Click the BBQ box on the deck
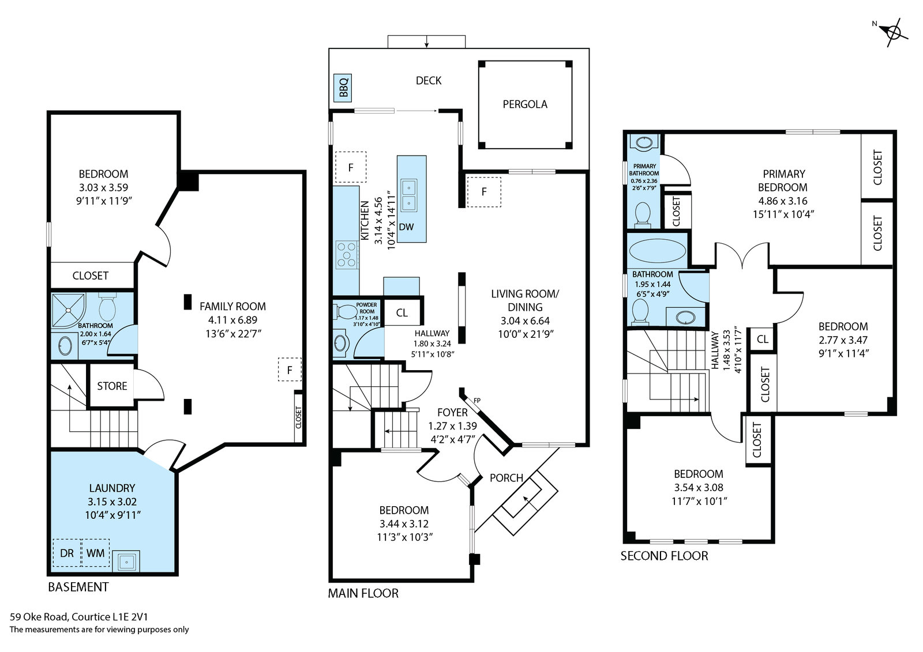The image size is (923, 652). tap(343, 88)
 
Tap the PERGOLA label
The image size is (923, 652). tap(525, 104)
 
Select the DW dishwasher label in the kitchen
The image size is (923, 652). tap(406, 227)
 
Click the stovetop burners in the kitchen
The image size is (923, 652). tap(347, 255)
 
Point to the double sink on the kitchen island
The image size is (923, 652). tap(409, 195)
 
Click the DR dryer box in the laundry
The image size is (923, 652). tap(67, 553)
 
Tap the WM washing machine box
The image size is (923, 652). tap(96, 553)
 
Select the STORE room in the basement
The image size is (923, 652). tap(112, 386)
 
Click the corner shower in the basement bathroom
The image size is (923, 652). tap(69, 310)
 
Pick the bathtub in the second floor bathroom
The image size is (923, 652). tap(658, 250)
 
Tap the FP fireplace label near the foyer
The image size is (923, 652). tap(477, 400)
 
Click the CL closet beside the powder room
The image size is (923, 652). tap(402, 312)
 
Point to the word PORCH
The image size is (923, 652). tap(506, 478)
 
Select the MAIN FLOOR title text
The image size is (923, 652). tap(363, 593)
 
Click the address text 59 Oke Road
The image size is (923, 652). tap(39, 617)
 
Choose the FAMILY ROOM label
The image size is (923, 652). tap(233, 306)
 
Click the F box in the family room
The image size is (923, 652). tap(290, 370)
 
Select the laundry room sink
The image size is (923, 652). tap(126, 561)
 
